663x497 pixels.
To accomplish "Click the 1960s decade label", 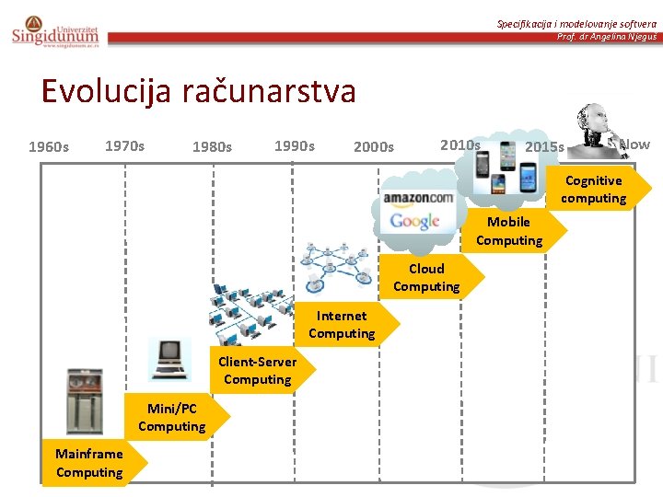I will click(x=49, y=147).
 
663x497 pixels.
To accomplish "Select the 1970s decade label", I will click(x=125, y=145).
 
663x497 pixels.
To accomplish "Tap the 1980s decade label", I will click(x=212, y=147).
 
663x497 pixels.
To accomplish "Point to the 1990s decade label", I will click(x=295, y=145).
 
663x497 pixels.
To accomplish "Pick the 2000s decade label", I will click(x=374, y=147).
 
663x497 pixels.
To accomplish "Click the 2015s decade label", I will click(x=544, y=147).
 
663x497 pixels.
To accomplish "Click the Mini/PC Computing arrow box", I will click(x=173, y=417).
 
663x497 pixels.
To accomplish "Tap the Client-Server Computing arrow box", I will click(x=258, y=371).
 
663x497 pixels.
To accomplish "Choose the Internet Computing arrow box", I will click(x=343, y=325).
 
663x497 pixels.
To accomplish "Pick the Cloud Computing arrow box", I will click(x=427, y=278).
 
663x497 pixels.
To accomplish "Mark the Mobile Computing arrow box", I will click(x=510, y=231).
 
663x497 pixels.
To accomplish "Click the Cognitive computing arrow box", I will click(x=595, y=190).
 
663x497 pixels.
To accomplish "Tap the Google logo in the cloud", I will click(x=414, y=222).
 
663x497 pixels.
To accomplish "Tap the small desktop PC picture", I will click(x=170, y=359).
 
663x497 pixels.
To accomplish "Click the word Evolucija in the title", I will click(x=99, y=91).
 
